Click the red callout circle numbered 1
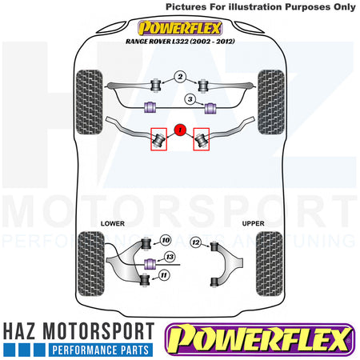coord(180,130)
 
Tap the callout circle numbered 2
coord(180,77)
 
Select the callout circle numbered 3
coord(190,99)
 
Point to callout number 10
coord(166,240)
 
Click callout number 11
coord(164,275)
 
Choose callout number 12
coord(196,242)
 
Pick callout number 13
coord(170,257)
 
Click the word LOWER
coord(113,223)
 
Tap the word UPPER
coord(253,223)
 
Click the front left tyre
coord(90,102)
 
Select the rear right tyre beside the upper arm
coord(270,263)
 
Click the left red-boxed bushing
coord(158,139)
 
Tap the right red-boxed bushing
coord(202,139)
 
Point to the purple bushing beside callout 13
coord(150,264)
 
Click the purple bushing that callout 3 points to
coord(210,108)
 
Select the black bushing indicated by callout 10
coord(146,243)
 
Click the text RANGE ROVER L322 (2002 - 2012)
coord(180,42)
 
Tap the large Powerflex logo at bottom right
coord(260,339)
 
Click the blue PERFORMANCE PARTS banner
coord(101,350)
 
